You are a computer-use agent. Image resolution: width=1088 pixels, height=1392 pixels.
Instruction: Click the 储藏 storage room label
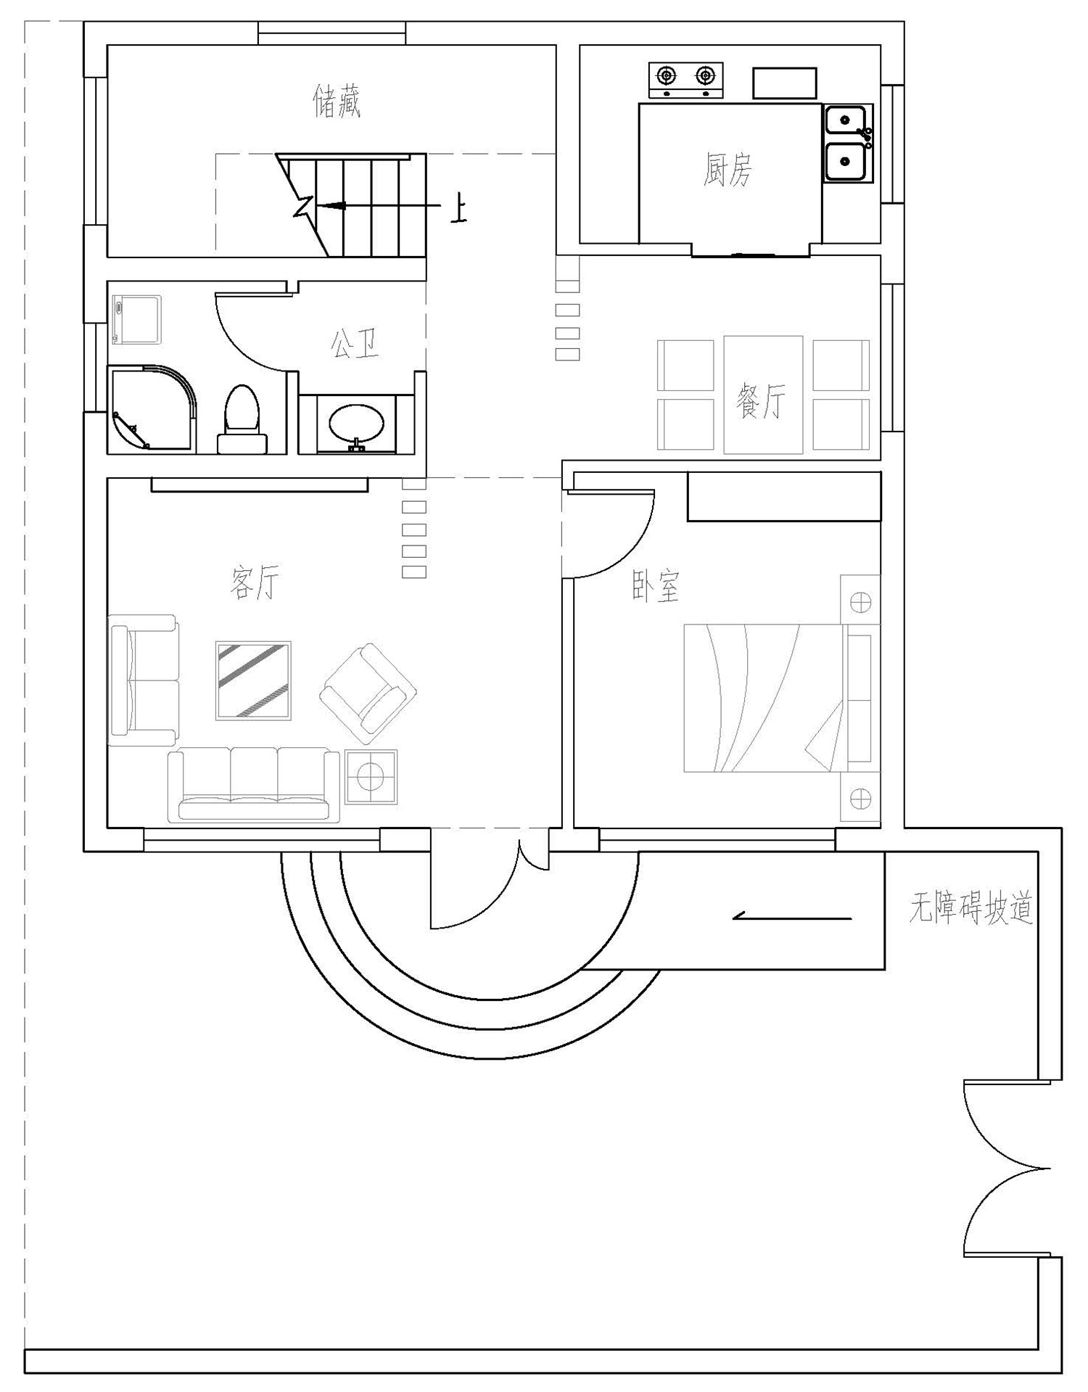coord(337,101)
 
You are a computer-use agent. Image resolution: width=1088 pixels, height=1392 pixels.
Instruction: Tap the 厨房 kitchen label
coord(728,169)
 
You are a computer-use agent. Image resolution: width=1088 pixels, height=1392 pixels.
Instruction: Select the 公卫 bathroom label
coord(355,343)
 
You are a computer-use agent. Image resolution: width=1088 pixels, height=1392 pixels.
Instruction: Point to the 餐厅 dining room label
coord(760,400)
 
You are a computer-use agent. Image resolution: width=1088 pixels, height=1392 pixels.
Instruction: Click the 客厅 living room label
coord(255,582)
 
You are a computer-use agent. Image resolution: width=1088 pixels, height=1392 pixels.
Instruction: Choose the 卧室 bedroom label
coord(656,586)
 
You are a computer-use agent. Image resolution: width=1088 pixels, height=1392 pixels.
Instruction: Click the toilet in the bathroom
coord(242,420)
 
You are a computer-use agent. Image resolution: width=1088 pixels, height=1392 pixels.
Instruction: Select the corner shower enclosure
coord(152,409)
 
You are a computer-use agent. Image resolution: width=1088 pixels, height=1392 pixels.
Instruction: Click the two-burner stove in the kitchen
coord(686,81)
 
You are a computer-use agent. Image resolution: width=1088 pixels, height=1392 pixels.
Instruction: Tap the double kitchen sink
coord(847,143)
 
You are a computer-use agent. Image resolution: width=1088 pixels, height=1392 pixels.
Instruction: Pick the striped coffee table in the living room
coord(253,680)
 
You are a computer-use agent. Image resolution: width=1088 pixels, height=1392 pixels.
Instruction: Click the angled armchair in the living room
coord(368,693)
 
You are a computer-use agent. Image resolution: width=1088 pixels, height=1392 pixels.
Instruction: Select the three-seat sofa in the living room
coord(254,785)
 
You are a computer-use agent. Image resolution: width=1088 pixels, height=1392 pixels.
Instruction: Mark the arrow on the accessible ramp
coord(792,918)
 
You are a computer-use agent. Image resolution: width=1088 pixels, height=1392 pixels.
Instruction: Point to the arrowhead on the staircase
coord(328,206)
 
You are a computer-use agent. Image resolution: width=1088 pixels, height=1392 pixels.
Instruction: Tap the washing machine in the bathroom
coord(136,319)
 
